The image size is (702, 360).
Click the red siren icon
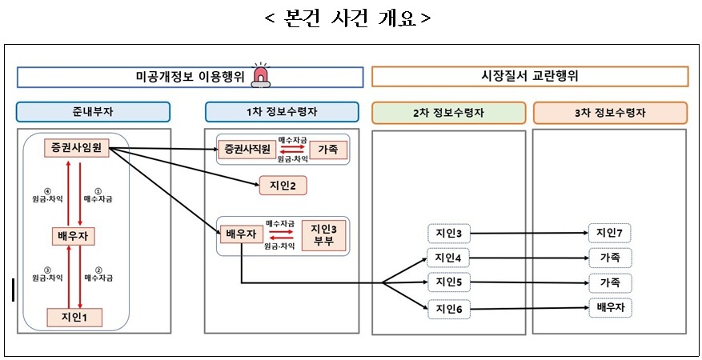click(x=262, y=75)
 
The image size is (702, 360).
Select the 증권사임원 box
click(x=77, y=148)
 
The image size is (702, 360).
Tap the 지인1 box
click(x=74, y=318)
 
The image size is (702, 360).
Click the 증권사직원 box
click(x=247, y=150)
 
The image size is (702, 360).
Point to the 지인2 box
click(x=283, y=185)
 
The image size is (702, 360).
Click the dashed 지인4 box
click(x=448, y=258)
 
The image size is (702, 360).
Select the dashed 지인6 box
click(x=448, y=309)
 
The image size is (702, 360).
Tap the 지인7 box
click(x=610, y=233)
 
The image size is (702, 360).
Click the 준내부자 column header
click(x=93, y=112)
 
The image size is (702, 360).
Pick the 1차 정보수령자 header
click(x=282, y=112)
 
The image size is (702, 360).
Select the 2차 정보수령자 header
click(x=448, y=113)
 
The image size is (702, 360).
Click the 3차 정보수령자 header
click(x=610, y=113)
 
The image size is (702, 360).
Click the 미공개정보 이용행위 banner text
click(x=190, y=78)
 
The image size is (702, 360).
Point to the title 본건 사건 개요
click(x=349, y=18)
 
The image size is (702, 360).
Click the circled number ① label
click(x=98, y=192)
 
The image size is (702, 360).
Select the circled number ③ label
click(x=47, y=270)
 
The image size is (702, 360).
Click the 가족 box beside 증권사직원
click(x=332, y=150)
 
